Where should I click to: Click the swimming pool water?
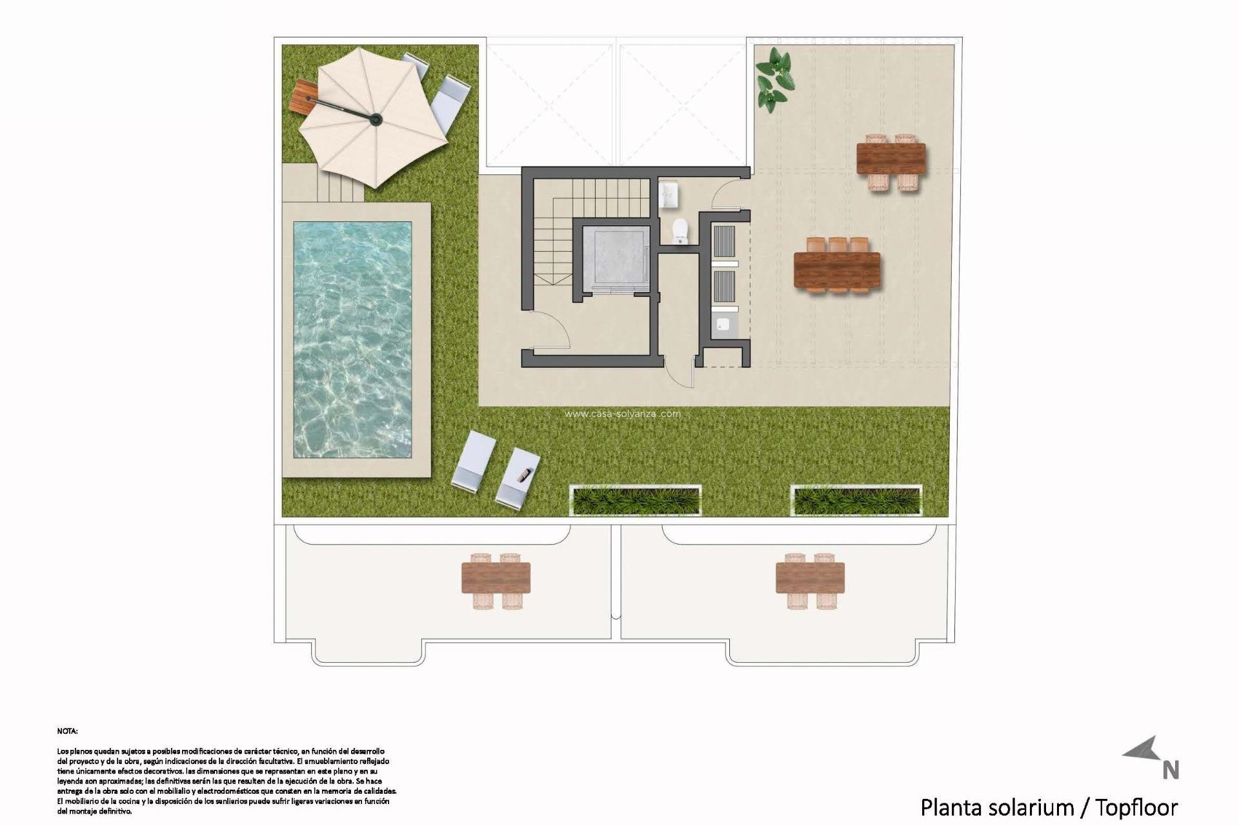(352, 340)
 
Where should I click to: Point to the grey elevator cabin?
(614, 256)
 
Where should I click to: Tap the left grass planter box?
(636, 501)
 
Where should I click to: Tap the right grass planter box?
(856, 501)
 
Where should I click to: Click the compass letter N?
(1171, 770)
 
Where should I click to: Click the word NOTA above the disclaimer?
(67, 731)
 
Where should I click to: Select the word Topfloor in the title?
(1136, 807)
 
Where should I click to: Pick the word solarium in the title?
(1029, 807)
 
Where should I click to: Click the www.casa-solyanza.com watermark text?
(622, 414)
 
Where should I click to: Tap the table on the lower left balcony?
(496, 578)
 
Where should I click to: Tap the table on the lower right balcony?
(811, 578)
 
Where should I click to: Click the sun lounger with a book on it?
(518, 477)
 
